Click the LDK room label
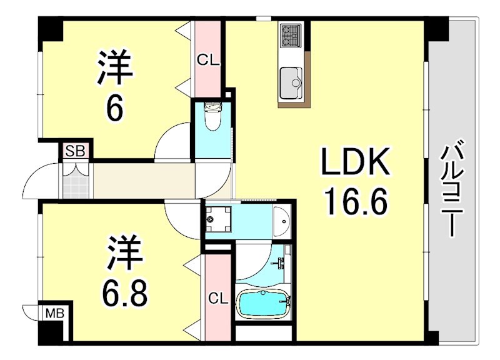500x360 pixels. click(355, 164)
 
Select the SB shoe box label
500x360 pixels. click(76, 151)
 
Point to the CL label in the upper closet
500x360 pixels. click(208, 60)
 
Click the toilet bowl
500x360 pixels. click(212, 118)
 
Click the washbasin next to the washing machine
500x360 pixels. click(281, 219)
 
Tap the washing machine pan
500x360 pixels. click(219, 218)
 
